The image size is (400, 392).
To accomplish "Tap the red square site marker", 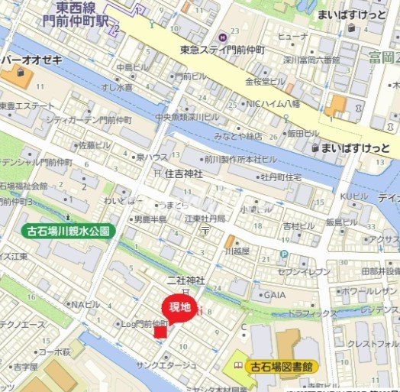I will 160,329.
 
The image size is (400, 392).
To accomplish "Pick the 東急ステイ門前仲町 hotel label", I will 222,50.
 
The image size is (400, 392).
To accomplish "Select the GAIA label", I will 274,295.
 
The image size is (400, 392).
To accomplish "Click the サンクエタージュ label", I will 166,365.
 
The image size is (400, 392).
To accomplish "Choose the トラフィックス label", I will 313,313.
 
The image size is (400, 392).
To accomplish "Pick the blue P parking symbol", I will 284,254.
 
